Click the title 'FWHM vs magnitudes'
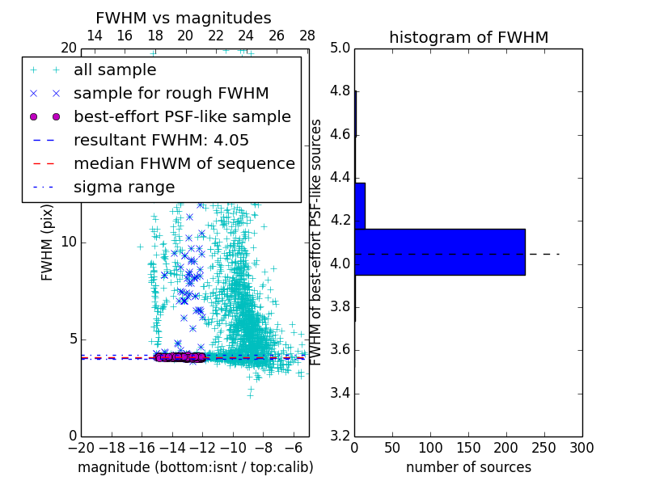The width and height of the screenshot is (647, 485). pos(184,18)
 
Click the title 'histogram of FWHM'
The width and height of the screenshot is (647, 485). pos(468,37)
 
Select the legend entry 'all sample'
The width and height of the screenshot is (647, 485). pos(115,70)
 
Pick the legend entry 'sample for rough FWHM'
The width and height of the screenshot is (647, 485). pos(171,93)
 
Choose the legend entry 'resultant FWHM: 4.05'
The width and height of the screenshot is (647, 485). pos(161,140)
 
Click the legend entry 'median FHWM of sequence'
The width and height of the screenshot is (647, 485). pos(184,163)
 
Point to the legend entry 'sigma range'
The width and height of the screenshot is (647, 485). pos(124,187)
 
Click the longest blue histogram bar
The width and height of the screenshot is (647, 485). pos(439,251)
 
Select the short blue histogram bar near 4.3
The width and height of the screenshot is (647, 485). pos(360,205)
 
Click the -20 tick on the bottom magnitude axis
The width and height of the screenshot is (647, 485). pos(81,447)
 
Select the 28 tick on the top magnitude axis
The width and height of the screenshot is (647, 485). pos(308,36)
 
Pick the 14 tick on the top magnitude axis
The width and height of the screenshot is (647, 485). pos(95,36)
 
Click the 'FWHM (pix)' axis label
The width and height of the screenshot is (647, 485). pos(48,242)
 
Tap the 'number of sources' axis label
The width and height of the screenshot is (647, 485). pos(468,467)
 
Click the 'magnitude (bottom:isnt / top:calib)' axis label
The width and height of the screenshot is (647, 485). pos(195,467)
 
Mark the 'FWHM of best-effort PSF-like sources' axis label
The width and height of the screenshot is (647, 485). pos(317,242)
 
